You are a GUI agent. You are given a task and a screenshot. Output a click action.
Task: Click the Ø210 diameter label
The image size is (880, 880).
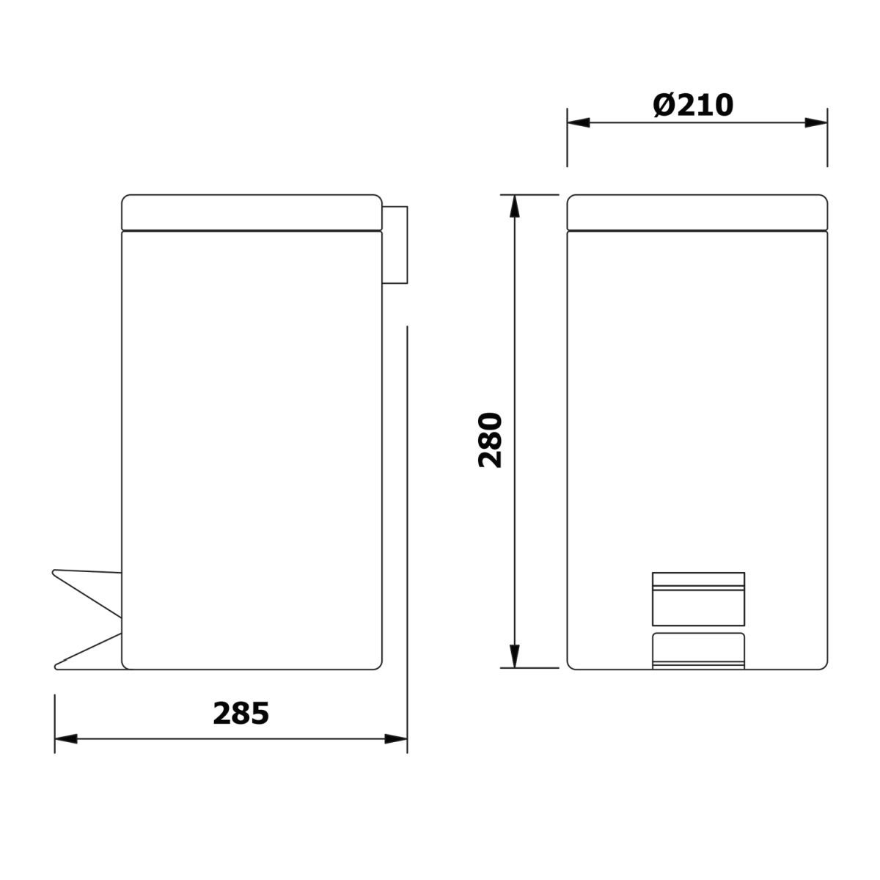[x=692, y=106]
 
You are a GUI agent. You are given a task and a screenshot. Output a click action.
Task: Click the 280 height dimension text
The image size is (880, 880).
[x=490, y=440]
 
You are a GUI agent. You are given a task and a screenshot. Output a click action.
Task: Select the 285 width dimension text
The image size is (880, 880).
[x=241, y=714]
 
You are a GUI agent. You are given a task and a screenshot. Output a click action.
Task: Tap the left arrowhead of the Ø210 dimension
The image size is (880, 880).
[x=578, y=122]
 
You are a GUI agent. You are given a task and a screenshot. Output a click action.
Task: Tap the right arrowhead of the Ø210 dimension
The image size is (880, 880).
[x=816, y=122]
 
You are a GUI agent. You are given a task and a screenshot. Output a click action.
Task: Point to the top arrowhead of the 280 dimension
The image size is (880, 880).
[x=515, y=206]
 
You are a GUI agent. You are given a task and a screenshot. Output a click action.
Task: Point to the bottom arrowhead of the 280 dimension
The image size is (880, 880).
[x=515, y=656]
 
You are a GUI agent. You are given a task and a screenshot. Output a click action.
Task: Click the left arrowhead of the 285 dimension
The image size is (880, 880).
[x=66, y=738]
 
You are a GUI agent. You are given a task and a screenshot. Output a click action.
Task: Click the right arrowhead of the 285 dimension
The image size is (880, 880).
[x=396, y=738]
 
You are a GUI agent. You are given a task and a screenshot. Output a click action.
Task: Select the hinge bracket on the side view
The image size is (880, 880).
[x=395, y=245]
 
